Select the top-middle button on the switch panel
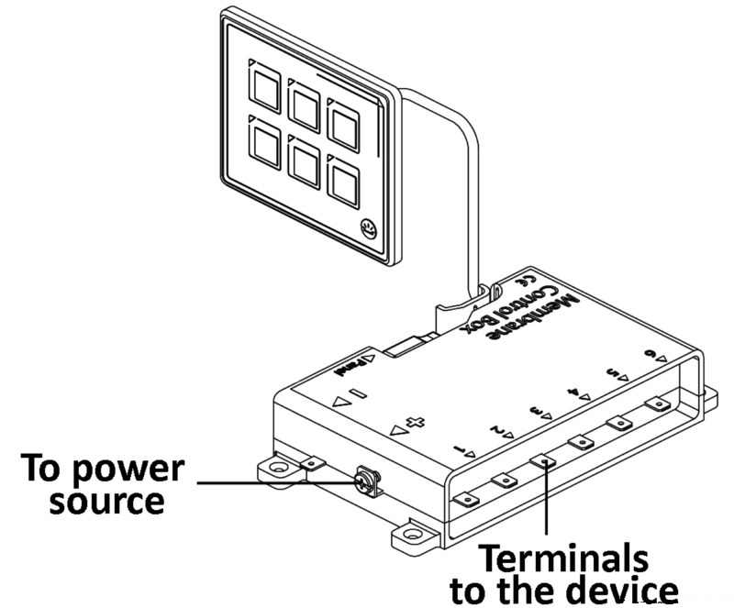[x=304, y=104]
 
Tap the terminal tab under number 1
[x=467, y=499]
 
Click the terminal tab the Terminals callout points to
[x=543, y=461]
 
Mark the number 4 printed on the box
[x=575, y=392]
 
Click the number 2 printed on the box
[x=495, y=429]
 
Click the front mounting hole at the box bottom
[x=409, y=531]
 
